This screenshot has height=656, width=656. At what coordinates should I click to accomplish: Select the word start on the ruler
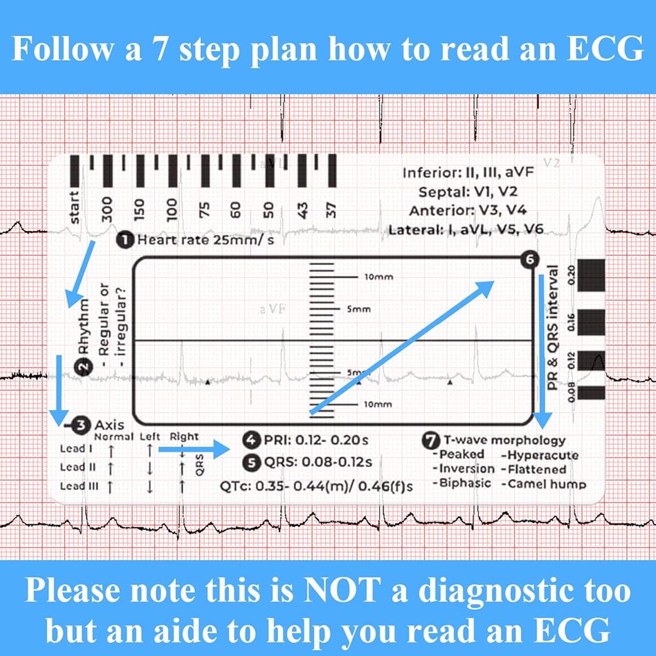click(74, 207)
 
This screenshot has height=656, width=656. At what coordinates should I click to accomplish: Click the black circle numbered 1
click(123, 240)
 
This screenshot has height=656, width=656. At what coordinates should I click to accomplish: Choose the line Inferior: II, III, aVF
click(469, 174)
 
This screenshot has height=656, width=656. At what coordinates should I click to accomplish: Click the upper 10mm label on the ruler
click(378, 277)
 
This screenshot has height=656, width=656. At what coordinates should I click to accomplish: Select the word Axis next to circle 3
click(109, 425)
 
